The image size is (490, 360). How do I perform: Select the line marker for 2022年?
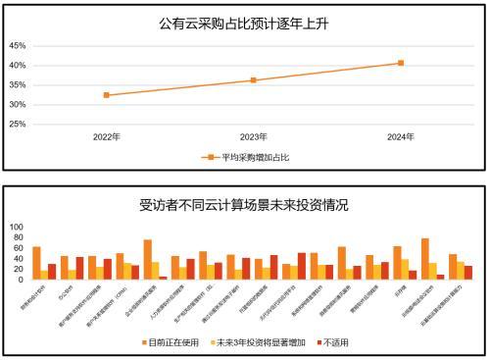106,95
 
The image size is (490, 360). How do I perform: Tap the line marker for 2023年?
253,80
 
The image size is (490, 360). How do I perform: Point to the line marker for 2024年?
400,63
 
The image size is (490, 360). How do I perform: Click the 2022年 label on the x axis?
106,136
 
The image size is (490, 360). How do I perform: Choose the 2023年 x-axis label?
253,136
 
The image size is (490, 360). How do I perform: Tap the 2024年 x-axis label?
400,136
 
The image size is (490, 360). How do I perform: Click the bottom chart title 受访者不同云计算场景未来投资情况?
244,205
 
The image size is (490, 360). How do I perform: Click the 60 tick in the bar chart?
17,247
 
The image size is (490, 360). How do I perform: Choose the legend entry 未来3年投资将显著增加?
257,343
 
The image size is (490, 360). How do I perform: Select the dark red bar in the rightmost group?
468,273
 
